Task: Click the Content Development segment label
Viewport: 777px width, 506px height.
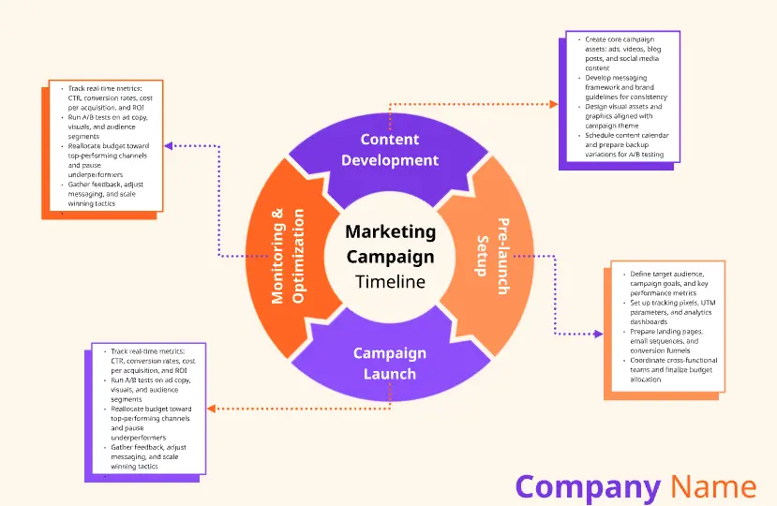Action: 390,150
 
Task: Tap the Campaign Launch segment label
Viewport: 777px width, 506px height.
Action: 390,364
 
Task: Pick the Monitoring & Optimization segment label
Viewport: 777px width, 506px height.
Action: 288,256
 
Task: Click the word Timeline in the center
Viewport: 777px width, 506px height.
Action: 390,281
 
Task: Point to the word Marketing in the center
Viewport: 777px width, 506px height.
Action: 390,231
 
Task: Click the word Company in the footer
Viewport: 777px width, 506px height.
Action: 588,486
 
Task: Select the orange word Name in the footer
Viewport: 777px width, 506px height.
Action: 713,486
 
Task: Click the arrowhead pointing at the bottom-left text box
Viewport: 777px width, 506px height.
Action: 211,409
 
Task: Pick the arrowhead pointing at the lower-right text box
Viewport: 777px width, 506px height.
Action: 597,333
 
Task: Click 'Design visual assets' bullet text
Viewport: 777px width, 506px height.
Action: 623,115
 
